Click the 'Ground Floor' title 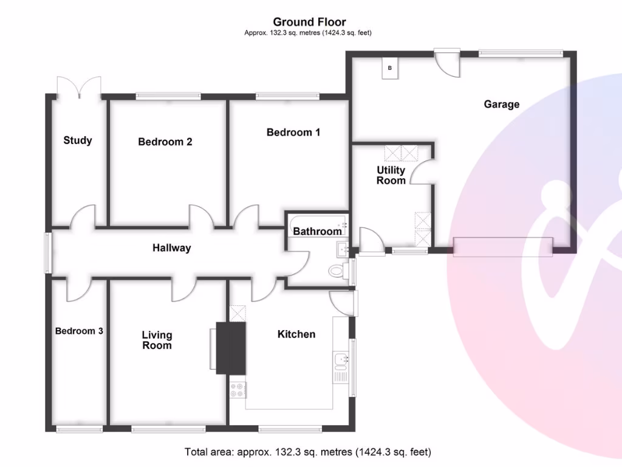[x=309, y=22]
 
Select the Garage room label [x=501, y=104]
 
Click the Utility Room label [x=391, y=175]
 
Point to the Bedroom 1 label [x=293, y=132]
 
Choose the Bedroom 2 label [x=165, y=142]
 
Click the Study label [x=78, y=140]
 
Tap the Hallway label [x=171, y=247]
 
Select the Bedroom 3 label [x=79, y=331]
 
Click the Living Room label [x=157, y=340]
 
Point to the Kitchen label [x=296, y=334]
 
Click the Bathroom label [x=317, y=231]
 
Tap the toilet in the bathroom [x=336, y=271]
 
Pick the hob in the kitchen [x=238, y=390]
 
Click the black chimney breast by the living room [x=231, y=348]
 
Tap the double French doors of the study [x=78, y=87]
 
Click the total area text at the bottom [x=307, y=452]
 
